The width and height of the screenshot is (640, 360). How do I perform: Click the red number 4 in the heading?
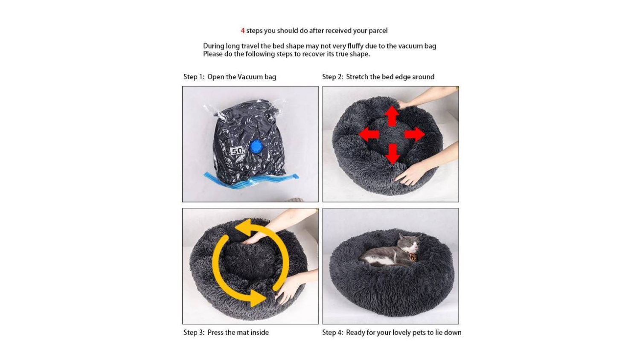click(243, 31)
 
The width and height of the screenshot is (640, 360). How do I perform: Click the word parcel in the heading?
click(378, 31)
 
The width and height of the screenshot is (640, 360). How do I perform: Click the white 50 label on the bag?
click(236, 151)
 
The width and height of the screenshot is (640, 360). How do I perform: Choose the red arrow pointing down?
click(392, 154)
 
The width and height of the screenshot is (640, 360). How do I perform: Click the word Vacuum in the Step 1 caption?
click(250, 77)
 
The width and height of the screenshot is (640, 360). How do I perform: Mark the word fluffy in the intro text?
click(355, 46)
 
